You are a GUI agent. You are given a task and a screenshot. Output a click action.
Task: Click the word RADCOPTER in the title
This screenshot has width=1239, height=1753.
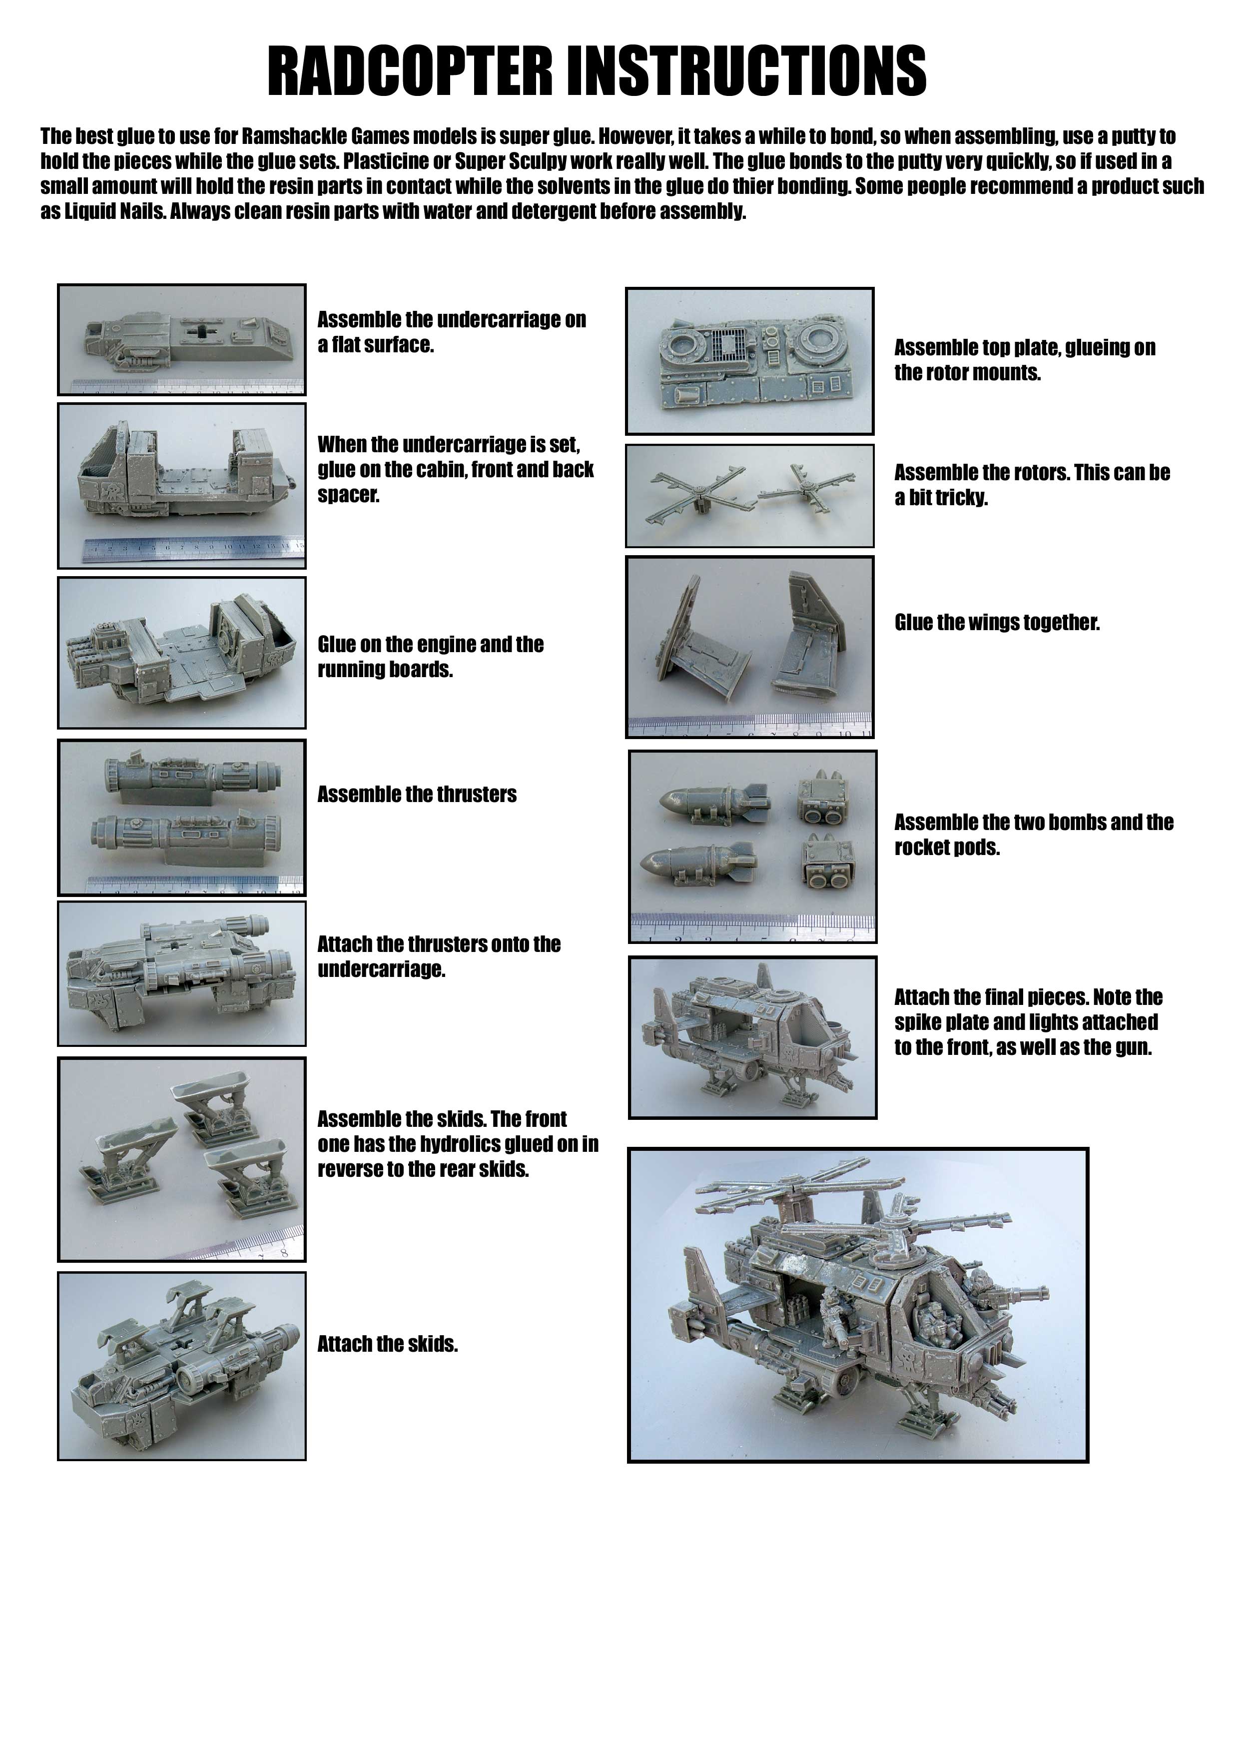tap(410, 70)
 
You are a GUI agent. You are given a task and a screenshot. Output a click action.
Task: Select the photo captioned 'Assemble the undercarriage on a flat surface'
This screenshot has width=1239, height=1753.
tap(182, 340)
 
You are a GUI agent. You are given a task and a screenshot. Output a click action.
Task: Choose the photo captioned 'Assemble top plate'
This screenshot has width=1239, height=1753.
tap(750, 361)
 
